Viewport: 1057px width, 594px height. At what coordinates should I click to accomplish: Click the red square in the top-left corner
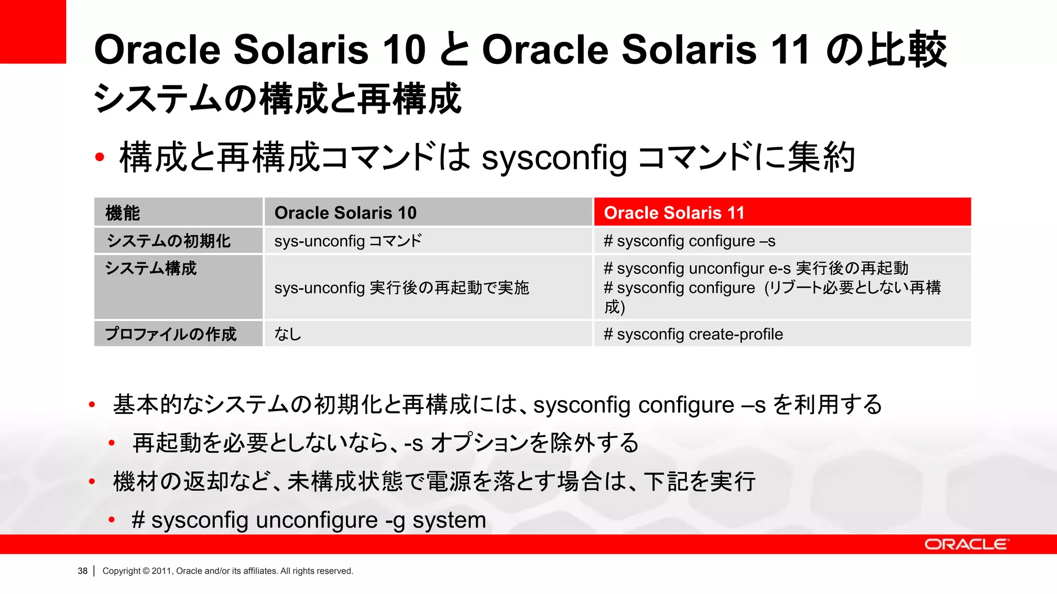coord(33,31)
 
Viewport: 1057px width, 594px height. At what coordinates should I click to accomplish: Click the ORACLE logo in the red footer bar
coord(966,544)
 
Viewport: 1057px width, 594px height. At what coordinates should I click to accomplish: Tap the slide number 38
coord(83,571)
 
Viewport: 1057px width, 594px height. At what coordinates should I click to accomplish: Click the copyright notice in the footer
coord(228,571)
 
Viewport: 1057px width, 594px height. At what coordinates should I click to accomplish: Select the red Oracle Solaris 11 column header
coord(782,212)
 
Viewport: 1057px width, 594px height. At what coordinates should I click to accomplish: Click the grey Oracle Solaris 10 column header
coord(428,212)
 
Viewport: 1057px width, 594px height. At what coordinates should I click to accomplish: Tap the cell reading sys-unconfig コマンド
coord(348,241)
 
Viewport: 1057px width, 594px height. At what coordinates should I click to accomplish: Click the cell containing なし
coord(288,334)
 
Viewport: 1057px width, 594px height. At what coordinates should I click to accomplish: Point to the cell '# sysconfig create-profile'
coord(693,334)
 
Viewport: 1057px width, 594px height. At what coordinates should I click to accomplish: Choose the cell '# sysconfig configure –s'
coord(690,241)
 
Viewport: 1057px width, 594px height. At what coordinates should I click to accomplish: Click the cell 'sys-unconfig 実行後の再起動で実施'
coord(402,287)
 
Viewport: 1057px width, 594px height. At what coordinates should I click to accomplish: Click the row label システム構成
coord(151,268)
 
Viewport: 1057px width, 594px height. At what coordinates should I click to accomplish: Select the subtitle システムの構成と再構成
coord(277,98)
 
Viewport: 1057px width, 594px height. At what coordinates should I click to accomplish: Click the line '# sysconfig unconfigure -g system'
coord(309,520)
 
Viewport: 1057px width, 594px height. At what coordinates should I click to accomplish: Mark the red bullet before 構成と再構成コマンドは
coord(100,157)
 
